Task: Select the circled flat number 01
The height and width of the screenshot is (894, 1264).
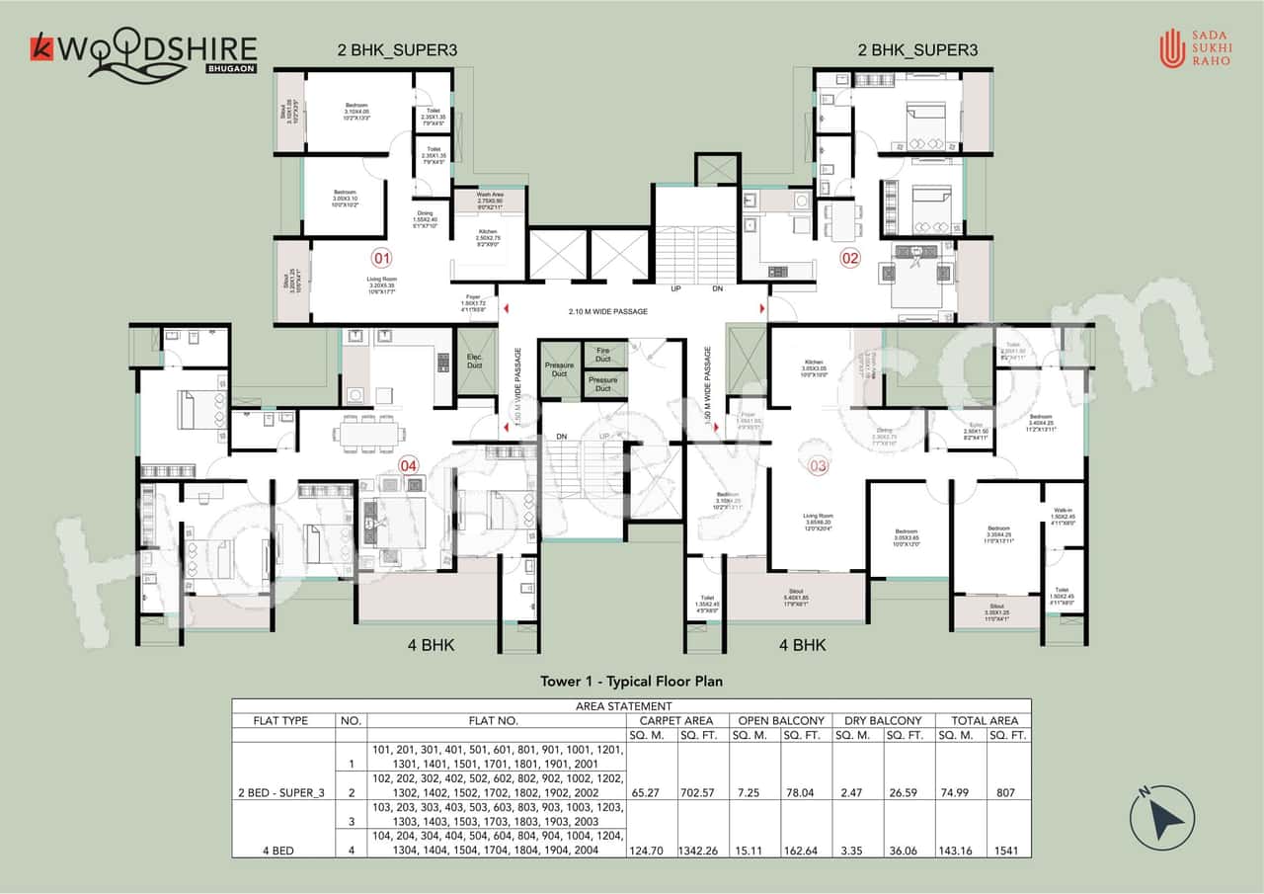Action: [381, 260]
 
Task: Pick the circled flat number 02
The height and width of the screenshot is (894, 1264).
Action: [850, 259]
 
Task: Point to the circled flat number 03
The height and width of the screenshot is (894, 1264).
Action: [819, 465]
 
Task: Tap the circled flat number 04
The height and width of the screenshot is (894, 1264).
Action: [408, 465]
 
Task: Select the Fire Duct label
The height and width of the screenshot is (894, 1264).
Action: [602, 353]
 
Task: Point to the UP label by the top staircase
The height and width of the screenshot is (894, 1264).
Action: [675, 289]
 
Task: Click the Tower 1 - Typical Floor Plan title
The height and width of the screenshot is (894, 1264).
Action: [632, 681]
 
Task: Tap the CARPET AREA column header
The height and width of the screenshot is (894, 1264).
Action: [677, 720]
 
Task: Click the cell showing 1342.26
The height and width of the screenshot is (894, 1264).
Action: [703, 850]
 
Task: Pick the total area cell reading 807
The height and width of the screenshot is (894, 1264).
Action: [1008, 792]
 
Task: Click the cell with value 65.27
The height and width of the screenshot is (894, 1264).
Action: [651, 792]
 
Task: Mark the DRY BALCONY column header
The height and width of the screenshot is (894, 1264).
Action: [883, 720]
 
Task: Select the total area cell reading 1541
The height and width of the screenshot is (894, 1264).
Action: [1008, 850]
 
